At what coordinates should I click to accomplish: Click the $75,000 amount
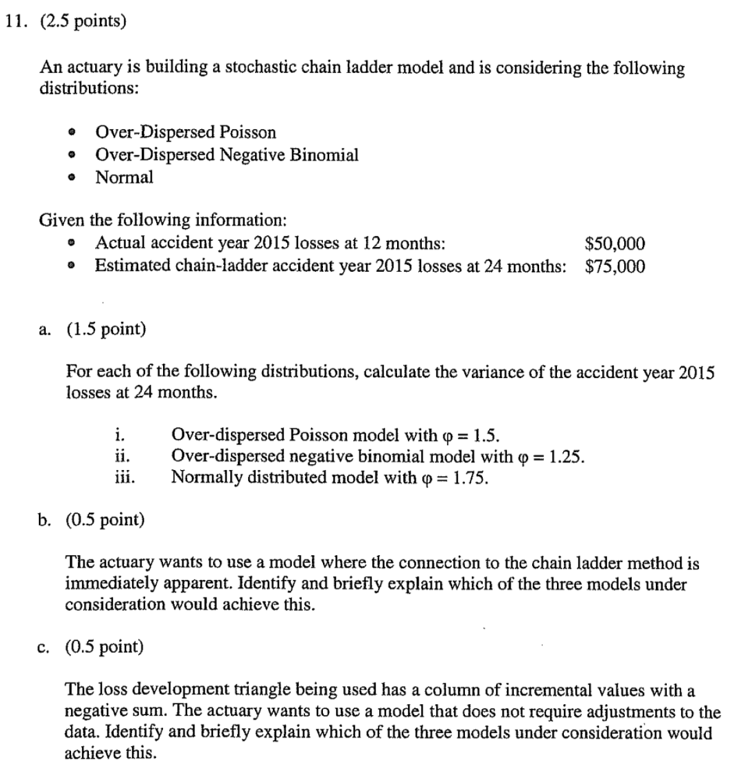[614, 266]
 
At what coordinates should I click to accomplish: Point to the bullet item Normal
[124, 177]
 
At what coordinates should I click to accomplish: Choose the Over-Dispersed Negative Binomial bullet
[227, 154]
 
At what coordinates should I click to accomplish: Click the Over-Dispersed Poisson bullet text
[185, 132]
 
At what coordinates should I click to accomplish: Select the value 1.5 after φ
[485, 435]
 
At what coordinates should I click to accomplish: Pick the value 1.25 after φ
[566, 456]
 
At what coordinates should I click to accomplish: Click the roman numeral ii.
[122, 456]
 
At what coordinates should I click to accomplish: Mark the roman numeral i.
[119, 435]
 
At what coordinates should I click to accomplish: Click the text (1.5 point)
[106, 329]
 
